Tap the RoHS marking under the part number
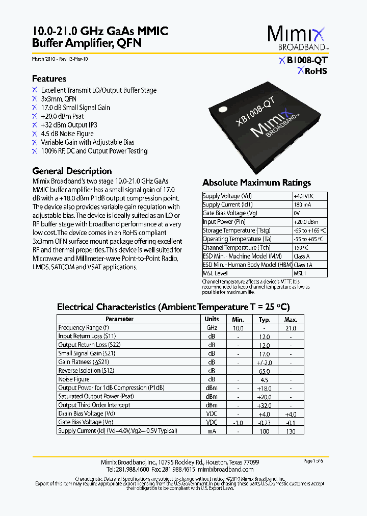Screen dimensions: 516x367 pyautogui.click(x=312, y=71)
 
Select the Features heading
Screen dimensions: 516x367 pyautogui.click(x=49, y=79)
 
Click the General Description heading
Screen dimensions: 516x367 pyautogui.click(x=72, y=171)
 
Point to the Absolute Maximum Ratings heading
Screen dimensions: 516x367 pyautogui.click(x=256, y=183)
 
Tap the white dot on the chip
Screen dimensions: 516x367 pyautogui.click(x=223, y=109)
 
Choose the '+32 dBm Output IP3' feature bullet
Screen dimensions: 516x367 pyautogui.click(x=69, y=125)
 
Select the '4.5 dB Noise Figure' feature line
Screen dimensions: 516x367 pyautogui.click(x=67, y=134)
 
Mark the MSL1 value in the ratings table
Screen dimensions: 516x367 pyautogui.click(x=301, y=273)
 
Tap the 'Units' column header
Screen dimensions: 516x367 pyautogui.click(x=212, y=319)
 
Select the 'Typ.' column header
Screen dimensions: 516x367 pyautogui.click(x=264, y=319)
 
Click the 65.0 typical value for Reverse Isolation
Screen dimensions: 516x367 pyautogui.click(x=264, y=371)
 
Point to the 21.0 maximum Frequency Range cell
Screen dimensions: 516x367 pyautogui.click(x=291, y=328)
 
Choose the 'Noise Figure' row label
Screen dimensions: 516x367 pyautogui.click(x=74, y=379)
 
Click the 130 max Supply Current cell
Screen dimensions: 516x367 pyautogui.click(x=291, y=431)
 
